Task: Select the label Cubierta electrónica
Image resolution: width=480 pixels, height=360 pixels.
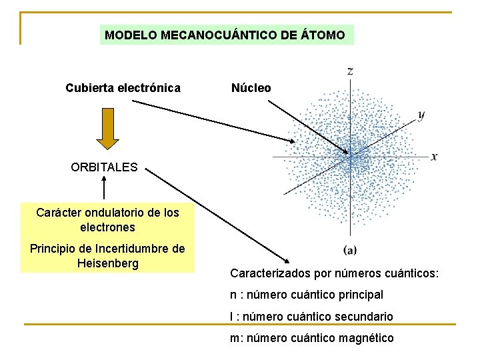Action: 123,88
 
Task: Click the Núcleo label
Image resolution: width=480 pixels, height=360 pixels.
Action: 251,88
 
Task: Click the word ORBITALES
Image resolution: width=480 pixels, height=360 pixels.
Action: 104,167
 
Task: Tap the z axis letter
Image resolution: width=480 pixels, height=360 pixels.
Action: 351,70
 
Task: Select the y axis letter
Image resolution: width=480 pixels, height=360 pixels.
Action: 421,115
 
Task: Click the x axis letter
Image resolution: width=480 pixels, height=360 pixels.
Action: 434,157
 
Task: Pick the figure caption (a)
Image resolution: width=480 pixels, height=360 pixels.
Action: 350,250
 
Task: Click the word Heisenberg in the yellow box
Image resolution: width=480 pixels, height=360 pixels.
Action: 107,263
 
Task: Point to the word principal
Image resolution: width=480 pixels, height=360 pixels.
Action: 360,295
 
